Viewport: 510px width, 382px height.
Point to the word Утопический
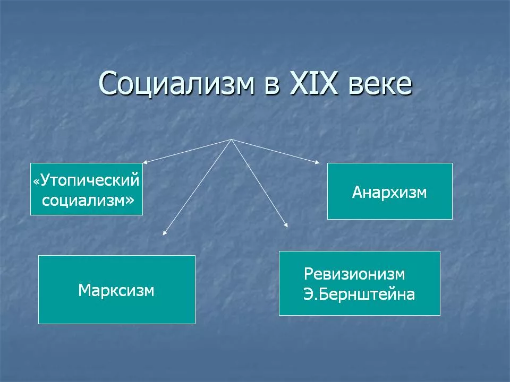point(90,181)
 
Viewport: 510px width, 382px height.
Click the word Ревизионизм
point(354,274)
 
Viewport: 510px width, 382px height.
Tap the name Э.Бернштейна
point(359,294)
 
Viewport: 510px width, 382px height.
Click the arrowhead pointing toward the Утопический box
point(144,162)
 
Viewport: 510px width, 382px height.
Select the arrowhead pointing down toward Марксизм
point(165,232)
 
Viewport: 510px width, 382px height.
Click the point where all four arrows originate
point(232,140)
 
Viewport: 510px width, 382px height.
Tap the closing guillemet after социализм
point(128,199)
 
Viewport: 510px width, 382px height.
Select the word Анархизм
point(389,192)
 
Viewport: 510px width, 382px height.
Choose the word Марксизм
point(116,290)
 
